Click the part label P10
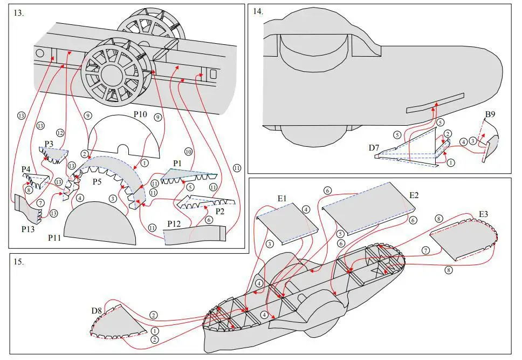pyautogui.click(x=140, y=114)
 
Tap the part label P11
pyautogui.click(x=54, y=237)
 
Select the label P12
pyautogui.click(x=174, y=224)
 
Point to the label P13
pyautogui.click(x=28, y=229)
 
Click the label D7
pyautogui.click(x=374, y=148)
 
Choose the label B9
pyautogui.click(x=490, y=114)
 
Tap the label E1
pyautogui.click(x=282, y=199)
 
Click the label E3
pyautogui.click(x=483, y=214)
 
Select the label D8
pyautogui.click(x=97, y=311)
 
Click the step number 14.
pyautogui.click(x=258, y=11)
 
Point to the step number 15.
pyautogui.click(x=19, y=262)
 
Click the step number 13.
pyautogui.click(x=19, y=13)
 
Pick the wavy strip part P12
pyautogui.click(x=195, y=235)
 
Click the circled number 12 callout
pyautogui.click(x=60, y=133)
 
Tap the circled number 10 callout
pyautogui.click(x=188, y=152)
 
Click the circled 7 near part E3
pyautogui.click(x=426, y=250)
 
